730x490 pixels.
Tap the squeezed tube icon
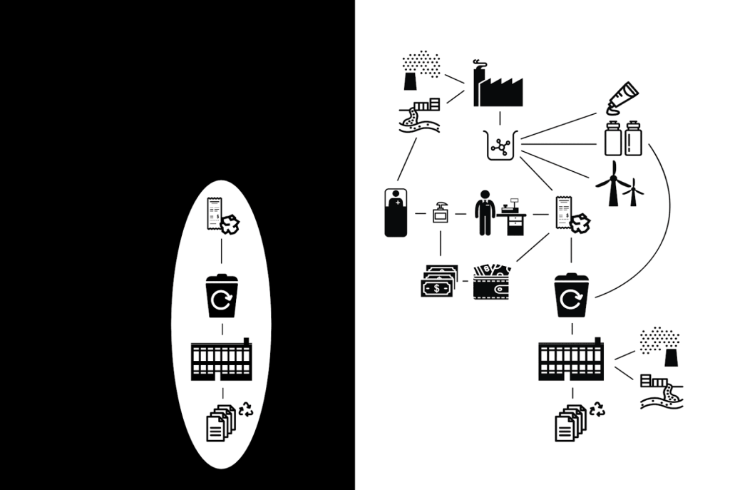point(620,100)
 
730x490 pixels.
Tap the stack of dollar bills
point(438,282)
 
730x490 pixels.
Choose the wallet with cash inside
point(492,282)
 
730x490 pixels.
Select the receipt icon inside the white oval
point(214,213)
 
